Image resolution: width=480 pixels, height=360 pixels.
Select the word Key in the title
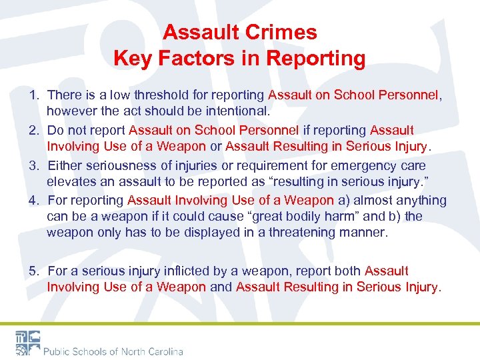click(x=131, y=59)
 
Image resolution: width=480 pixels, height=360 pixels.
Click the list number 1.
click(x=33, y=95)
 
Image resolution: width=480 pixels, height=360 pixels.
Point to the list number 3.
click(x=33, y=165)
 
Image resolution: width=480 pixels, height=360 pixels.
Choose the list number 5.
click(x=33, y=271)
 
